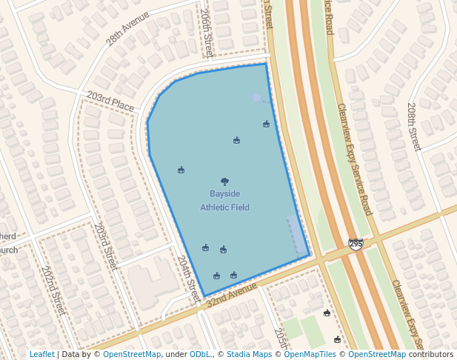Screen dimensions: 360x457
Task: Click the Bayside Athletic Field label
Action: click(224, 200)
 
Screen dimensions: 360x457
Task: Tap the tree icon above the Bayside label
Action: click(224, 181)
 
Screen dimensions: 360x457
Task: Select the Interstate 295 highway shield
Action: click(356, 244)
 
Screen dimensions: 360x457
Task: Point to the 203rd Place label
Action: click(110, 102)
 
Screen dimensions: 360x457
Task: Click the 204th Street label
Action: click(188, 275)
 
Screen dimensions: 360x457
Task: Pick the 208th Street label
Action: click(413, 127)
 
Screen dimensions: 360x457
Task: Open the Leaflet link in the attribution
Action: click(41, 355)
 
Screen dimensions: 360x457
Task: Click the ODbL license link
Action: click(200, 355)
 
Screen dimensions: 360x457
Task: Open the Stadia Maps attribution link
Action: click(249, 355)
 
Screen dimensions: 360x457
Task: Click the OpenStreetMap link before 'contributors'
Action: click(377, 355)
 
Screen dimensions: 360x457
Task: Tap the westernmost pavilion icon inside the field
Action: click(181, 170)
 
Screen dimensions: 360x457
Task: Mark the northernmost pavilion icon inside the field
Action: click(266, 124)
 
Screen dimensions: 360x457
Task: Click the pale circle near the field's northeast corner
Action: click(256, 98)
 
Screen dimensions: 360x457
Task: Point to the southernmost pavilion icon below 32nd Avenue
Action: click(337, 339)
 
